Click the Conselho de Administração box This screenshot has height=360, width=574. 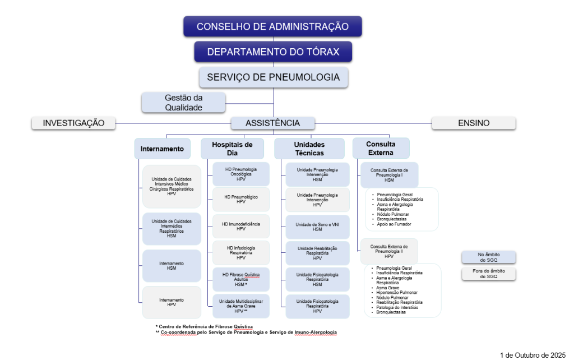click(x=272, y=26)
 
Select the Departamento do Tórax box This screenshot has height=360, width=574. click(x=273, y=52)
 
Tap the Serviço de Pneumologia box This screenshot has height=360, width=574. click(x=273, y=77)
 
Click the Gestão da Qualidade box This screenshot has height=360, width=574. click(x=183, y=102)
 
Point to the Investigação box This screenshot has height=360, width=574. click(x=73, y=123)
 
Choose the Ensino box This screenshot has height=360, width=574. click(x=473, y=123)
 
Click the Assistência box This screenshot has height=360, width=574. click(x=273, y=123)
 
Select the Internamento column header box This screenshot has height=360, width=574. click(x=162, y=149)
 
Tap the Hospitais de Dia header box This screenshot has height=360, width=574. click(x=232, y=148)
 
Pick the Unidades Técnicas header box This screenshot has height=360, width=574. click(x=309, y=148)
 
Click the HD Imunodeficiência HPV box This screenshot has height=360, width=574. click(x=241, y=226)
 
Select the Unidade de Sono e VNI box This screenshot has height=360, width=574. click(x=317, y=227)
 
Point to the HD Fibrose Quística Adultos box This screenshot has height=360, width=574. click(x=241, y=279)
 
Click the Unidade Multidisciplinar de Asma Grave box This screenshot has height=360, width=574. click(x=241, y=306)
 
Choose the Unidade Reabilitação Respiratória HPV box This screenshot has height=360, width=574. click(x=317, y=253)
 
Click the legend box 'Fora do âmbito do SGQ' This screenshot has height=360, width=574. click(x=488, y=274)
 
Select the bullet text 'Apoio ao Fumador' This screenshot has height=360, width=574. click(x=398, y=224)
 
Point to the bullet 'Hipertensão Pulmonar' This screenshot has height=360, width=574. click(x=397, y=292)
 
